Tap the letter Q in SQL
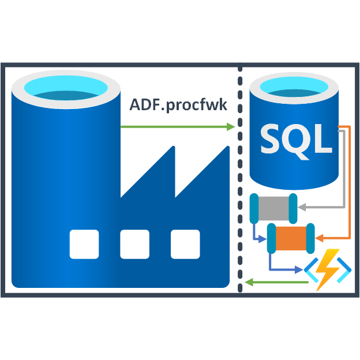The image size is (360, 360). [x=298, y=139]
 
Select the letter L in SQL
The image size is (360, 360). [x=324, y=139]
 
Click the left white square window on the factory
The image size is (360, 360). [x=84, y=244]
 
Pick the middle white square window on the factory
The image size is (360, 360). [x=134, y=244]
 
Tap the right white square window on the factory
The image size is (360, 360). [x=185, y=244]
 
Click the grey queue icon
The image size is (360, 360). [x=273, y=208]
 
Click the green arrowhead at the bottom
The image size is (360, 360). [x=249, y=282]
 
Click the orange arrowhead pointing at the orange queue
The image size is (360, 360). [x=321, y=238]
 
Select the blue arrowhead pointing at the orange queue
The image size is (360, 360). [x=266, y=238]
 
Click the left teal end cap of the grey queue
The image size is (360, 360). [x=254, y=209]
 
